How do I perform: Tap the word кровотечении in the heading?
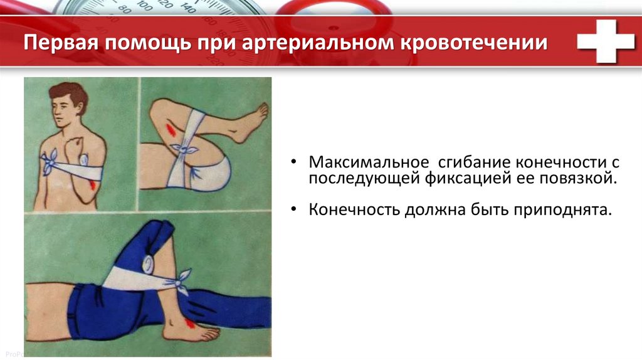pyautogui.click(x=474, y=42)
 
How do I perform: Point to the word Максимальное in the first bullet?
pyautogui.click(x=369, y=162)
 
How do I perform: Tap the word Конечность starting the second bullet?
pyautogui.click(x=354, y=209)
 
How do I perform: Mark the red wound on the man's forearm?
pyautogui.click(x=93, y=185)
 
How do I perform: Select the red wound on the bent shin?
pyautogui.click(x=171, y=129)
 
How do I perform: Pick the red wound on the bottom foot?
pyautogui.click(x=189, y=323)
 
